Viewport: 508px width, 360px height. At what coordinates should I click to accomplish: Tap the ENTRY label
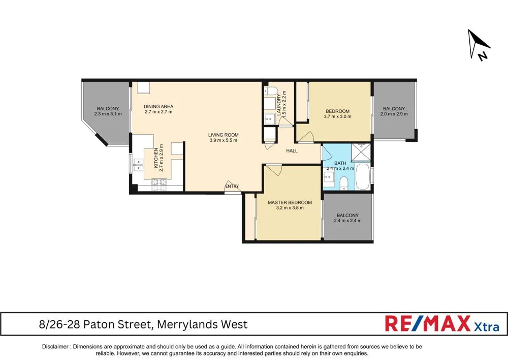(x=232, y=186)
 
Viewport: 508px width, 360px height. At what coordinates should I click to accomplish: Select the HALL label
(x=292, y=151)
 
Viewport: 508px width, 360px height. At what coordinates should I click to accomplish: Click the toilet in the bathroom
(x=344, y=183)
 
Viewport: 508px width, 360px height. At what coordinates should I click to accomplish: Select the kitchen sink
(x=137, y=164)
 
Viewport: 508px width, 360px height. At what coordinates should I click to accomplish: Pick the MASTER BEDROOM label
(x=290, y=202)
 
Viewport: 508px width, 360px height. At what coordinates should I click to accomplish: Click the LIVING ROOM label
(x=223, y=135)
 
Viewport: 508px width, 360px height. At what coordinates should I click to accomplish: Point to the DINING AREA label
(x=158, y=106)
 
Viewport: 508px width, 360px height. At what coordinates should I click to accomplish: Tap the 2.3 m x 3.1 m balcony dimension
(x=108, y=114)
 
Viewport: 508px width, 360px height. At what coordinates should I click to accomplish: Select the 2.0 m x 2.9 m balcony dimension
(x=394, y=114)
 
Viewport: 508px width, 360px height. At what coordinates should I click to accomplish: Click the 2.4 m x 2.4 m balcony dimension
(x=347, y=221)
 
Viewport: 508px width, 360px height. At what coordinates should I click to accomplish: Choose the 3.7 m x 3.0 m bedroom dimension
(x=337, y=116)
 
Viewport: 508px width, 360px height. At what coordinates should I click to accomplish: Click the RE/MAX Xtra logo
(x=442, y=324)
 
